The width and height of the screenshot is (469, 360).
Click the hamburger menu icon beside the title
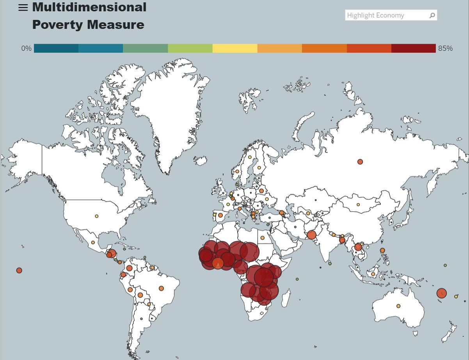coord(23,8)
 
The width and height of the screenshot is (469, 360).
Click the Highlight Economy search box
coord(386,15)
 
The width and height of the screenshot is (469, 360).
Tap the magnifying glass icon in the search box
coord(432,16)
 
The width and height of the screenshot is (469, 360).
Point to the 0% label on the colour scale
coord(26,48)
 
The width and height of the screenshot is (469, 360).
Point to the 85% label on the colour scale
coord(445,48)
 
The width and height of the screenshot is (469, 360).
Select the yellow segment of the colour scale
coord(235,48)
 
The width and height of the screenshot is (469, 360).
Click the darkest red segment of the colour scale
coord(413,48)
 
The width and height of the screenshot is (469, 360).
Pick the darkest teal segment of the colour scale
coord(56,48)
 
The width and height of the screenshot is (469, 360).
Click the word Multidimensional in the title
coord(89,7)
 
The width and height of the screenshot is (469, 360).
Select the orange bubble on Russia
coord(360,162)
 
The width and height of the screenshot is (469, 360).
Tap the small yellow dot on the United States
coord(96,216)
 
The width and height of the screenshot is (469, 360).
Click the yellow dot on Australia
coord(398,306)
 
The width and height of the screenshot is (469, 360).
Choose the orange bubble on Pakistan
coord(311,235)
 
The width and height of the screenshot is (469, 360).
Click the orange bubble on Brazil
coord(161,289)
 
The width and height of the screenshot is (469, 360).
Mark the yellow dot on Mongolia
coord(358,205)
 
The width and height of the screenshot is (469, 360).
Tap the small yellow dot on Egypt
coord(263,238)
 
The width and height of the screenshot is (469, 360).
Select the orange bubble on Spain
coord(220,215)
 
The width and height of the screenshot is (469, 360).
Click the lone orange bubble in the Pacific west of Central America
coord(19,270)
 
